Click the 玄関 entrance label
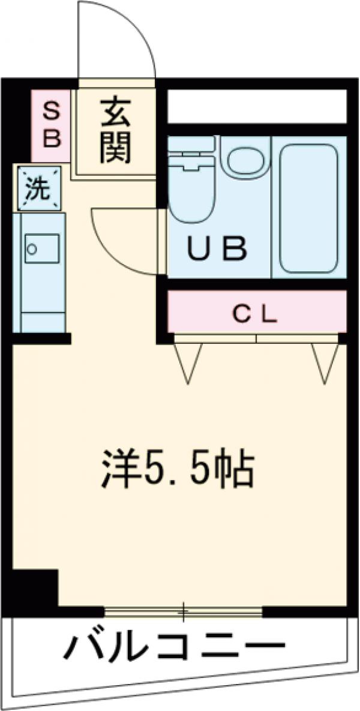(x=115, y=130)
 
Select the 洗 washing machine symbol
(x=38, y=189)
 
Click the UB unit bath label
(x=217, y=250)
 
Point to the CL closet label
(x=256, y=313)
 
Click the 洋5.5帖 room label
(x=176, y=468)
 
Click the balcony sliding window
(x=183, y=612)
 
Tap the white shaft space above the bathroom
(x=257, y=106)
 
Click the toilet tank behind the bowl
(x=191, y=144)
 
